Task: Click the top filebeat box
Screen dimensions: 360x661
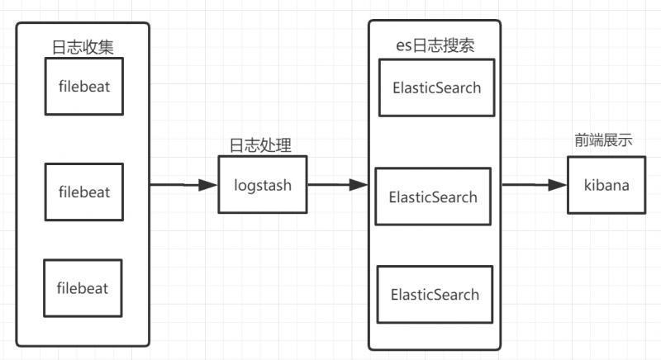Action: click(83, 86)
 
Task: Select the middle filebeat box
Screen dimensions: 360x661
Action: click(83, 192)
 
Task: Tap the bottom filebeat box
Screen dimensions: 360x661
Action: click(83, 288)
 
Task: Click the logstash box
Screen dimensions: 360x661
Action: click(262, 185)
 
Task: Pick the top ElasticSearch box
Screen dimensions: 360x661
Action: click(436, 88)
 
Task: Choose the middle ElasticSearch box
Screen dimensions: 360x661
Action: click(433, 197)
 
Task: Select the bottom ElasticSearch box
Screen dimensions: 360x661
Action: click(435, 294)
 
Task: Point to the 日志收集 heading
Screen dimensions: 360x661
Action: click(82, 46)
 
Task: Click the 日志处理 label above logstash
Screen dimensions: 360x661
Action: click(260, 144)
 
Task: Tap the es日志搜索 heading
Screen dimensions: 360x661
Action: click(435, 45)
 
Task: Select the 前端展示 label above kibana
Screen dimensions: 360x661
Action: click(604, 140)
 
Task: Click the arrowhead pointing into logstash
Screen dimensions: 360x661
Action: click(210, 185)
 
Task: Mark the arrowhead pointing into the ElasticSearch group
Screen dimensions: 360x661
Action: click(359, 185)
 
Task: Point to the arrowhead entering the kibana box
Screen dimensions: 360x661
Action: click(559, 185)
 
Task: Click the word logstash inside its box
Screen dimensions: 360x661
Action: click(262, 185)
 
